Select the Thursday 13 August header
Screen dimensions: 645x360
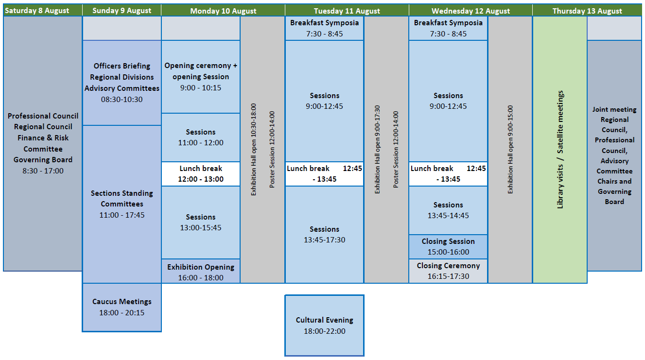(x=587, y=10)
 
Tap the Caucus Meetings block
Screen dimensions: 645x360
(x=122, y=308)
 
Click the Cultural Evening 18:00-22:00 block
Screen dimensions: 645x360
(x=325, y=326)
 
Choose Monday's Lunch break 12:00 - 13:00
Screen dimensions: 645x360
(x=201, y=174)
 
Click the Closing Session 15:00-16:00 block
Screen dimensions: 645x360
(x=448, y=247)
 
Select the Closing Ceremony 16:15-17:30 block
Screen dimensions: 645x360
(x=448, y=271)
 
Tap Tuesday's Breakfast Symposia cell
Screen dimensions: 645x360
(x=325, y=28)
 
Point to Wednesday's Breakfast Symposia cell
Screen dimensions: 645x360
(x=448, y=28)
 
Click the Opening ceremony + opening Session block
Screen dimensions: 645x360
(x=201, y=77)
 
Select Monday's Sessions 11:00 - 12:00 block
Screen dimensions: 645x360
(x=201, y=137)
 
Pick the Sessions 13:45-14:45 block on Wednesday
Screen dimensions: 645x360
(x=448, y=210)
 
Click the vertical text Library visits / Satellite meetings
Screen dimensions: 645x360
(x=560, y=150)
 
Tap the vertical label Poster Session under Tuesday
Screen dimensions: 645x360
(x=396, y=150)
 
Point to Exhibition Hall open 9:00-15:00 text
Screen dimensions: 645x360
(x=510, y=150)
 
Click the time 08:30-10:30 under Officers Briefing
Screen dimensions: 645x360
(x=122, y=100)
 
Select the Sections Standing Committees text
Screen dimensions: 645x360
(x=122, y=199)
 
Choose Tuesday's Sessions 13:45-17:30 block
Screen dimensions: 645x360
(x=325, y=235)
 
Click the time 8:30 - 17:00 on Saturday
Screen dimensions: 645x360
(x=43, y=171)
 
